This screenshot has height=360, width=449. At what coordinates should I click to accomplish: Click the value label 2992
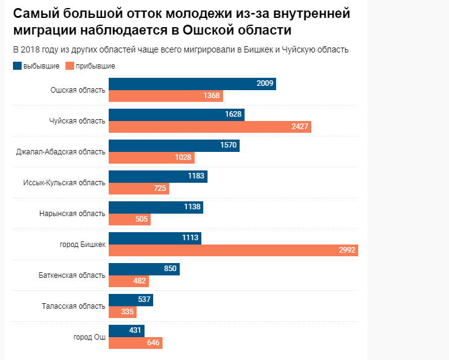[347, 250]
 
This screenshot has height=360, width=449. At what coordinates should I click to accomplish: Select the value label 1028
[183, 157]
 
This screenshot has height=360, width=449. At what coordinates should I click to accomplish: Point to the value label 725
[160, 188]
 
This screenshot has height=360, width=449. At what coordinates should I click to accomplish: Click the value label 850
[170, 269]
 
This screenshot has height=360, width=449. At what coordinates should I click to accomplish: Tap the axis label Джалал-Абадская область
[61, 151]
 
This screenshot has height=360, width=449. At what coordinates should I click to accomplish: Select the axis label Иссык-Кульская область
[64, 182]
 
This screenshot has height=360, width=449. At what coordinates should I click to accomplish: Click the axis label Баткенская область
[72, 275]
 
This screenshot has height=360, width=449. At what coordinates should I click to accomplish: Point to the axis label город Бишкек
[82, 244]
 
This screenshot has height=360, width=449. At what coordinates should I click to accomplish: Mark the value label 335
[127, 312]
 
